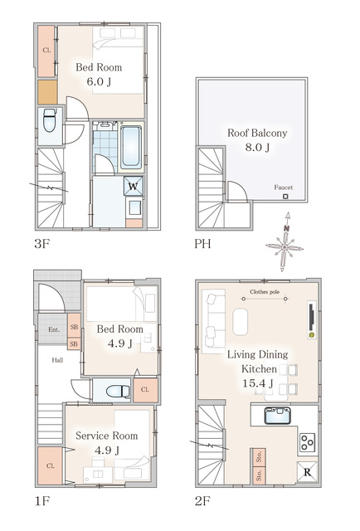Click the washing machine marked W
click(x=133, y=186)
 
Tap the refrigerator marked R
click(x=307, y=472)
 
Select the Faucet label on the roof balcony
click(x=283, y=188)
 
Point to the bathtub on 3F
click(x=131, y=148)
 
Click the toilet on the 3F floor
click(x=50, y=119)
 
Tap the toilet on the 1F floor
click(x=118, y=391)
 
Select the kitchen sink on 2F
click(x=278, y=416)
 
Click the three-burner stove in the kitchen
click(x=308, y=442)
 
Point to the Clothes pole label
click(x=265, y=291)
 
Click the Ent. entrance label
click(x=54, y=329)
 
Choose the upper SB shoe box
click(x=74, y=327)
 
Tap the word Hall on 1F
click(x=57, y=360)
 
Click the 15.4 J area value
click(x=258, y=383)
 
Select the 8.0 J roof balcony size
click(x=257, y=148)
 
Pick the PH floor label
click(x=202, y=243)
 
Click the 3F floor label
click(x=42, y=243)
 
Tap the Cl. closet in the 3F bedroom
click(x=46, y=51)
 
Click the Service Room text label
click(x=107, y=436)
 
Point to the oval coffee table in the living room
click(x=240, y=322)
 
